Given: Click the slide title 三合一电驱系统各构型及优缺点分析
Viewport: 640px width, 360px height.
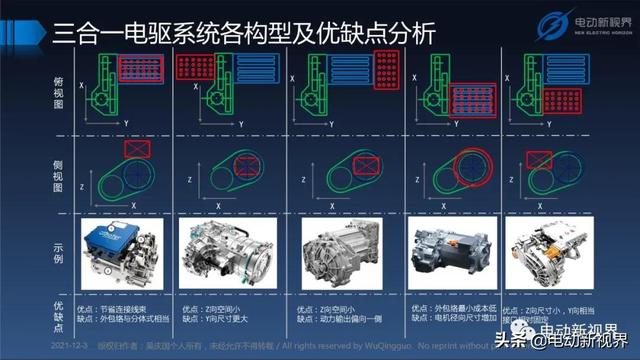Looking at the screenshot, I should [x=230, y=33].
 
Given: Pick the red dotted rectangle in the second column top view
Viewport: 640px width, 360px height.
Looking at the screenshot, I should [x=196, y=68].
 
